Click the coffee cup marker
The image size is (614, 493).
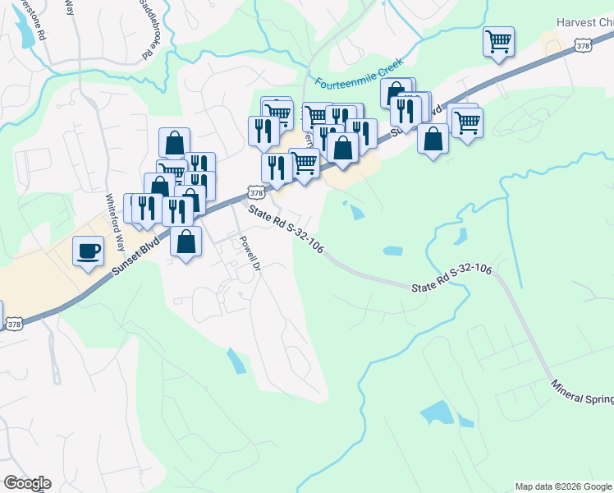(x=88, y=251)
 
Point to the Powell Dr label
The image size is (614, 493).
(x=249, y=254)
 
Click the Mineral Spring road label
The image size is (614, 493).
(x=582, y=391)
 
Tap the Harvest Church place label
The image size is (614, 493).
(x=584, y=23)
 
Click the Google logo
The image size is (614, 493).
(x=27, y=482)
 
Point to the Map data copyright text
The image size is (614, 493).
(x=563, y=486)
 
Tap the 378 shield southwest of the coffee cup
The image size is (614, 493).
(x=14, y=325)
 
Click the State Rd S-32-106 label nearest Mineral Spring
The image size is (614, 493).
(x=451, y=279)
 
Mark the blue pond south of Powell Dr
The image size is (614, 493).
(x=236, y=361)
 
